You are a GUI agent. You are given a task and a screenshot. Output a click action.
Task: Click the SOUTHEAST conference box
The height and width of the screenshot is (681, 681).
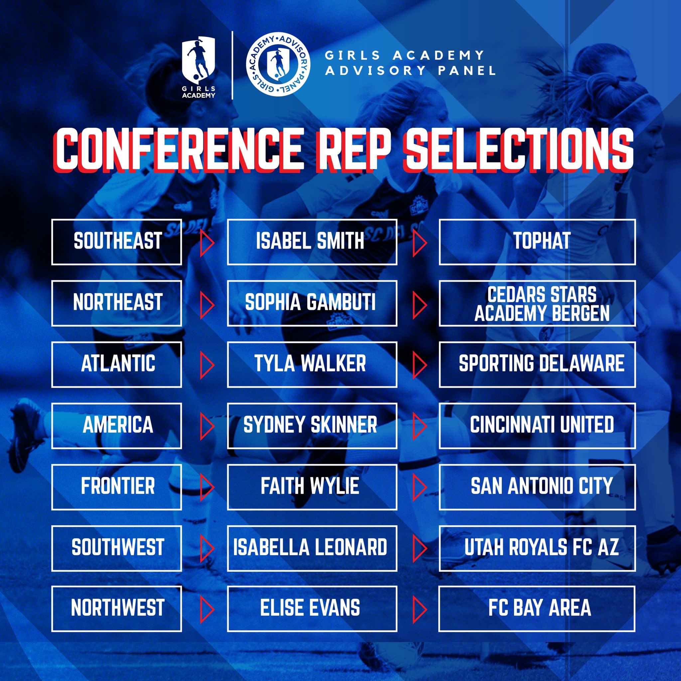pos(116,242)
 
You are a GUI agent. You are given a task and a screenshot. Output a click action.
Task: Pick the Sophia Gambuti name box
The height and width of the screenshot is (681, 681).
pos(312,303)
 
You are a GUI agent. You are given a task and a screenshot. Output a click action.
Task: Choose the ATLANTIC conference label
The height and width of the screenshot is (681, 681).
pos(118,364)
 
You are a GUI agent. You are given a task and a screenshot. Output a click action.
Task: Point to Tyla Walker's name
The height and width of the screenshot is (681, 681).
pos(310,364)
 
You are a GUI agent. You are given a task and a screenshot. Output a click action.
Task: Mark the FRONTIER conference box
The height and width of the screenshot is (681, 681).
pos(116,487)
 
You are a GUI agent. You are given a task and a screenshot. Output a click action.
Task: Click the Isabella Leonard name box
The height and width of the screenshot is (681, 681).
pos(312,548)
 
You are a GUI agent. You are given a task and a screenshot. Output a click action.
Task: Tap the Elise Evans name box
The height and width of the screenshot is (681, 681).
pos(312,609)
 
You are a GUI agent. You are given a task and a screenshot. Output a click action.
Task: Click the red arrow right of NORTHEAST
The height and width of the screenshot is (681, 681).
pos(207,304)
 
